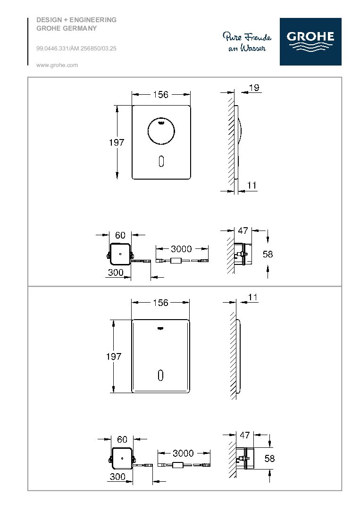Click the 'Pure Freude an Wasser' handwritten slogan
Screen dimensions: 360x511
coord(247,42)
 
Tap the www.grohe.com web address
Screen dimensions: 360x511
coord(57,65)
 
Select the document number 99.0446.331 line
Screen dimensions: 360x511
coord(76,49)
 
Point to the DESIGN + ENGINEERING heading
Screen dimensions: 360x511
coord(76,20)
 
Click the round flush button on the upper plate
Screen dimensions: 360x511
coord(161,132)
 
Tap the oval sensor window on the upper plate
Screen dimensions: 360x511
coord(161,161)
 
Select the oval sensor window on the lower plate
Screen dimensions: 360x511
coord(160,375)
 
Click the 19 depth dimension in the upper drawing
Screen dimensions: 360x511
coord(254,88)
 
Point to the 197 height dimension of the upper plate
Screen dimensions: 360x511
coord(117,142)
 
